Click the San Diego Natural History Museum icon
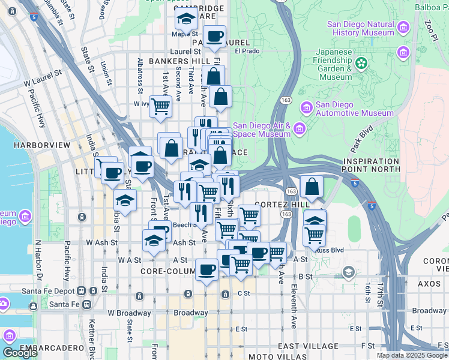pos(403,27)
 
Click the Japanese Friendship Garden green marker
pos(361,62)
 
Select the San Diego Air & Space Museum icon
pos(298,129)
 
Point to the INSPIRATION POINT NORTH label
pos(372,166)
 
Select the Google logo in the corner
pos(20,353)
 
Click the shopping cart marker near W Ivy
pos(160,106)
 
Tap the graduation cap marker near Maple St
pos(186,19)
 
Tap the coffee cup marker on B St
pos(207,269)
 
